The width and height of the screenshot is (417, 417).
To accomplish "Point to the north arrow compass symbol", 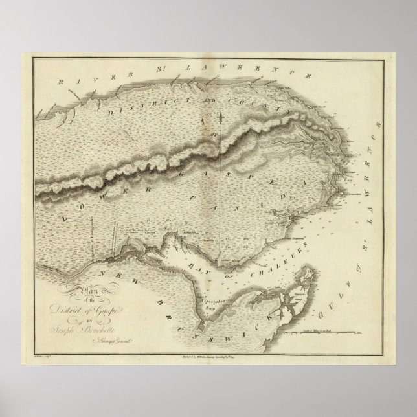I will click(x=219, y=117).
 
